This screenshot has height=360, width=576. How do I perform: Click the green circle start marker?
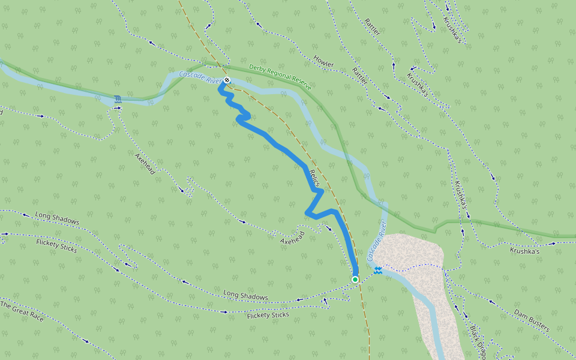click(x=355, y=280)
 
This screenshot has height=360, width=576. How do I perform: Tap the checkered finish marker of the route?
click(x=227, y=80)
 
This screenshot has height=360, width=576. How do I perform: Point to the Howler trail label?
click(x=323, y=61)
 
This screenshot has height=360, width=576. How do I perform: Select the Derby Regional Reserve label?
click(x=280, y=77)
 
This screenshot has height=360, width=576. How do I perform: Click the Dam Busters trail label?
click(x=532, y=320)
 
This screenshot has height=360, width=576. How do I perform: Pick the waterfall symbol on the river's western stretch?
click(x=118, y=98)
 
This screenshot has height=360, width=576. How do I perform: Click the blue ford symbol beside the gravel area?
click(x=378, y=271)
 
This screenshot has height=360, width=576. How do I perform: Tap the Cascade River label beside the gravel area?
click(x=376, y=240)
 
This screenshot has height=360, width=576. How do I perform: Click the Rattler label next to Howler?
click(x=360, y=75)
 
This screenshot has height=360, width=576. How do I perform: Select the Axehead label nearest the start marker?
click(x=293, y=237)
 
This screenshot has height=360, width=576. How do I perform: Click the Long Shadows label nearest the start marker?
click(x=245, y=296)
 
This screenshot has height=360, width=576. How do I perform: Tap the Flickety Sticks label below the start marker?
click(x=268, y=315)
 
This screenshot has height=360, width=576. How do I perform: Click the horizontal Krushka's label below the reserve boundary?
click(x=525, y=250)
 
